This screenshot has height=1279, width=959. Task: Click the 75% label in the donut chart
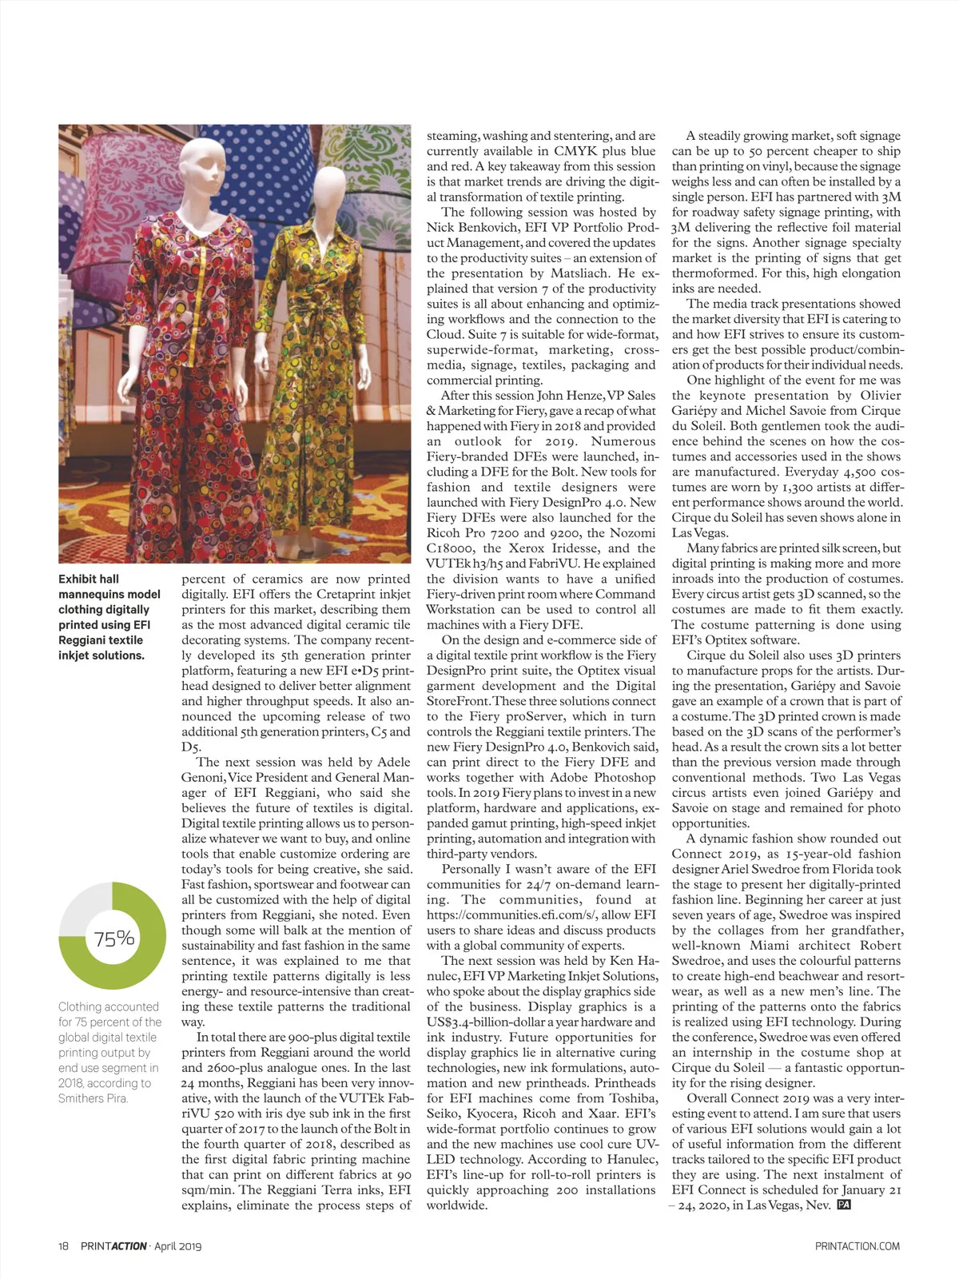click(x=114, y=938)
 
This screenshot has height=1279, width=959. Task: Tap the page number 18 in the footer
click(x=64, y=1245)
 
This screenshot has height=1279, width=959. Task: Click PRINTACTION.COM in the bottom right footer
click(x=858, y=1245)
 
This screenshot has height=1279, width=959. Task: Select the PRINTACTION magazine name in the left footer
click(x=113, y=1245)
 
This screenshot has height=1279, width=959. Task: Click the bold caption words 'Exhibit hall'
click(x=89, y=579)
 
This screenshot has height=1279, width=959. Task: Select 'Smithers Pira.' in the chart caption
click(x=92, y=1098)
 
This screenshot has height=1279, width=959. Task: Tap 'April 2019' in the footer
click(x=178, y=1245)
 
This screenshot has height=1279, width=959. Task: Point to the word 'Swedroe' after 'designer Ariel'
click(x=777, y=869)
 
